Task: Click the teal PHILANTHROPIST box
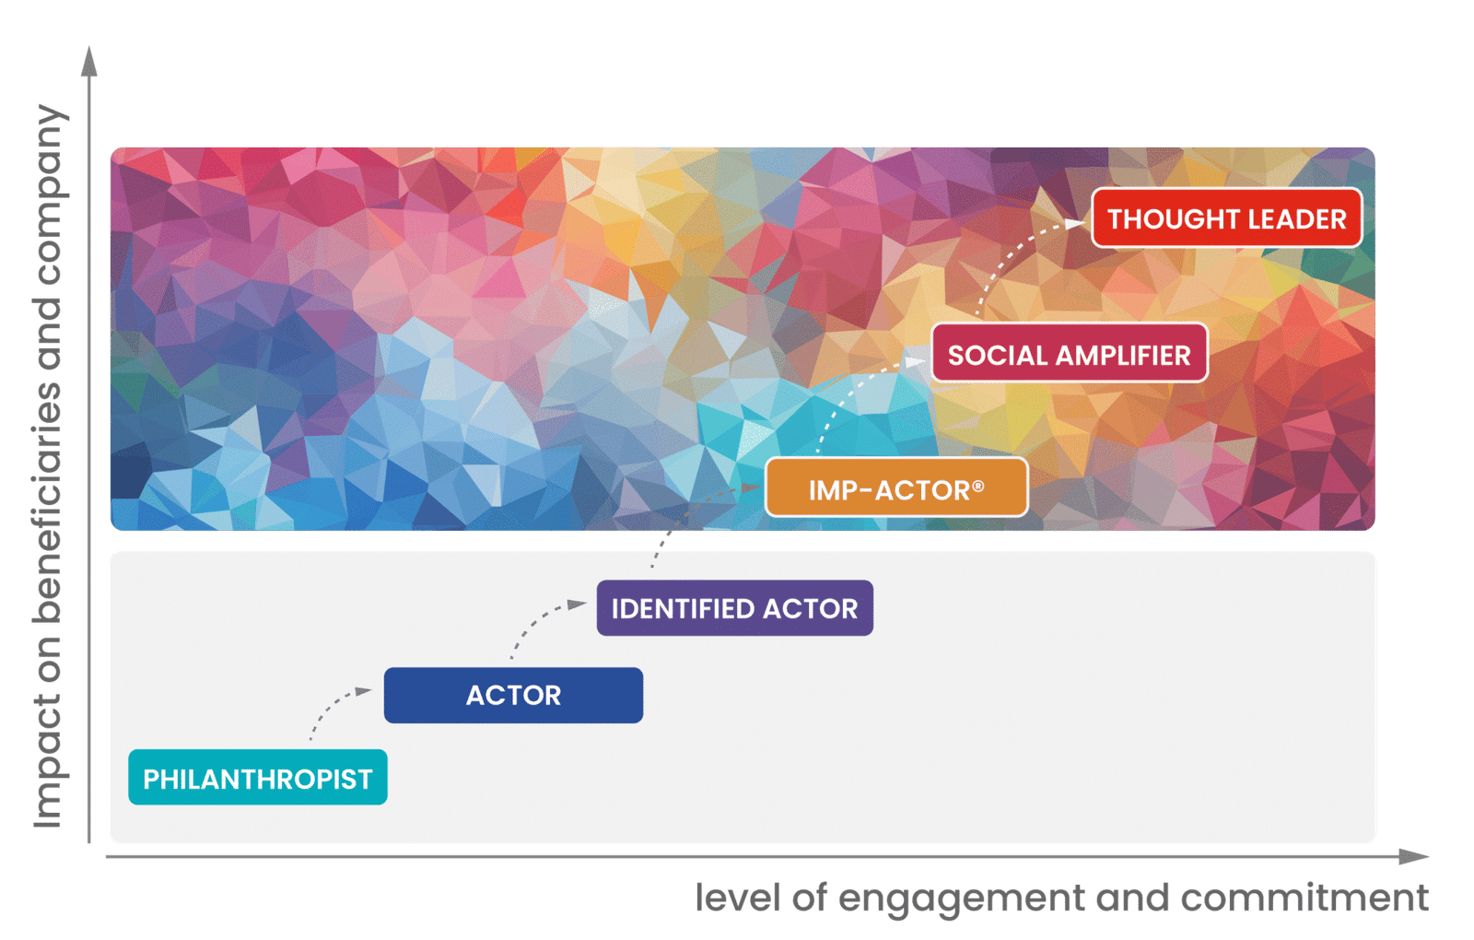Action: pos(258,778)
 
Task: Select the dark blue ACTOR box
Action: pos(513,695)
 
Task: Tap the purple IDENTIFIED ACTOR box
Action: pos(735,607)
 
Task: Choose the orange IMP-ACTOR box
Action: pos(897,488)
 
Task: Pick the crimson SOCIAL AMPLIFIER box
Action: pos(1070,353)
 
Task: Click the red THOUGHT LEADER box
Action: pos(1227,217)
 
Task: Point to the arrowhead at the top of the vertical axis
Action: pos(89,61)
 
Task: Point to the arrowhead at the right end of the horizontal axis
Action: pos(1415,856)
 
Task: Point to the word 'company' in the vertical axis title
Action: pos(50,195)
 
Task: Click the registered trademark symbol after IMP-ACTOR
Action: pos(977,486)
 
